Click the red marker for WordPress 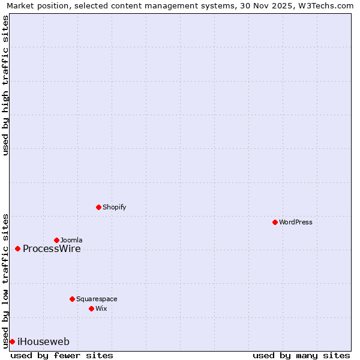coord(275,222)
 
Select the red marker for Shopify coord(98,207)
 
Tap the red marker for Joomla coord(56,240)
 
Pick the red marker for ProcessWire coord(17,248)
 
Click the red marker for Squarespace coord(72,299)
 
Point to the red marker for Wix coord(91,308)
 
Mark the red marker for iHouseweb coord(12,341)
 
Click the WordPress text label coord(296,222)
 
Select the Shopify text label coord(114,207)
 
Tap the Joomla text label coord(71,240)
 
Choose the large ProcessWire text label coord(52,249)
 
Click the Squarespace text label coord(97,299)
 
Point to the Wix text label coord(101,308)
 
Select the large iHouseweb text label coord(43,342)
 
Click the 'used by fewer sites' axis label coord(62,355)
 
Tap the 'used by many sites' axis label coord(301,355)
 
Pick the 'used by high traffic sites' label coord(5,85)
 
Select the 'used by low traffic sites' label coord(5,280)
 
